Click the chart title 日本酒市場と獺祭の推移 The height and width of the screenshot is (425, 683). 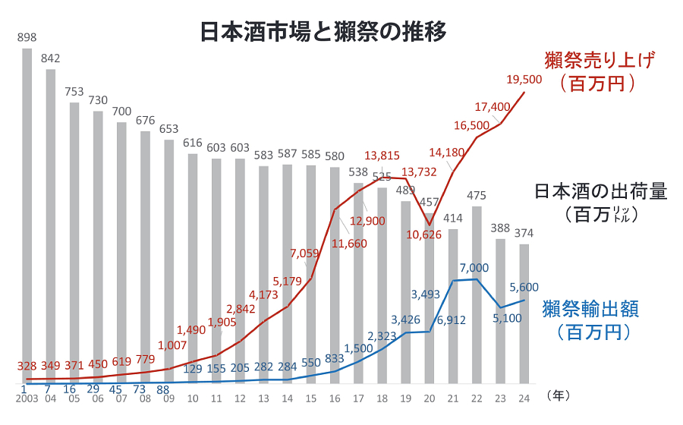click(323, 32)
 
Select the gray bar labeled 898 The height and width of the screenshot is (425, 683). click(27, 212)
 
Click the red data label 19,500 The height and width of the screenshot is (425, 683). click(523, 79)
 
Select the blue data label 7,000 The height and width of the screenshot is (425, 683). click(474, 268)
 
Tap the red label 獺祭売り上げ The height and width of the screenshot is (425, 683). click(599, 59)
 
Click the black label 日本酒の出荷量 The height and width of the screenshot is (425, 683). click(600, 190)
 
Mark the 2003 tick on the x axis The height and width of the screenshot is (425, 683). click(26, 398)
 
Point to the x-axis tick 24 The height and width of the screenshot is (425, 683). click(524, 398)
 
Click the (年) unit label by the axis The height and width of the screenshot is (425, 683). click(558, 395)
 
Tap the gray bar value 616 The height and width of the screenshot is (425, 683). click(193, 143)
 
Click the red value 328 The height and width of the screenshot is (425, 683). click(27, 367)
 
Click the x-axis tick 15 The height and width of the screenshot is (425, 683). click(310, 398)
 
